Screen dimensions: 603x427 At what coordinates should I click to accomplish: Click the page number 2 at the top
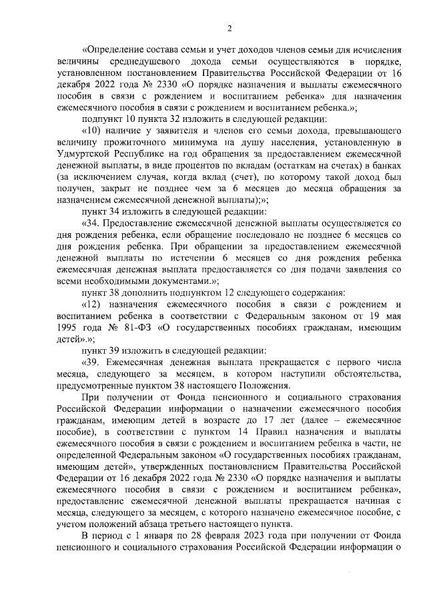pyautogui.click(x=229, y=27)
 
